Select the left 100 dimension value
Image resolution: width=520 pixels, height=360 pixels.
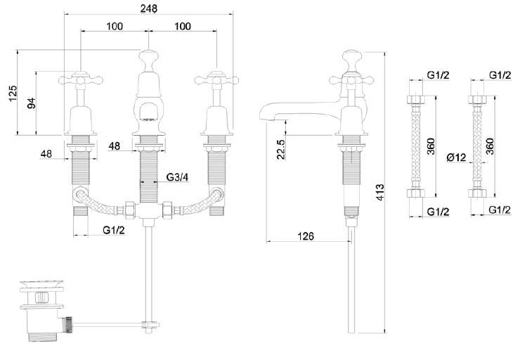(x=115, y=26)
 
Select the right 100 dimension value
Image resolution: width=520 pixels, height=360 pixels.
(x=182, y=26)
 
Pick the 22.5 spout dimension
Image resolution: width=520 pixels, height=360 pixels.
(x=280, y=149)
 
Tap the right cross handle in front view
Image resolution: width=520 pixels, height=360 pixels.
(x=215, y=76)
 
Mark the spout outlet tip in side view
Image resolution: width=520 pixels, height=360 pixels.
(x=264, y=117)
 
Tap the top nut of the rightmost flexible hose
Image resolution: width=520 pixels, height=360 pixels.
(x=479, y=99)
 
